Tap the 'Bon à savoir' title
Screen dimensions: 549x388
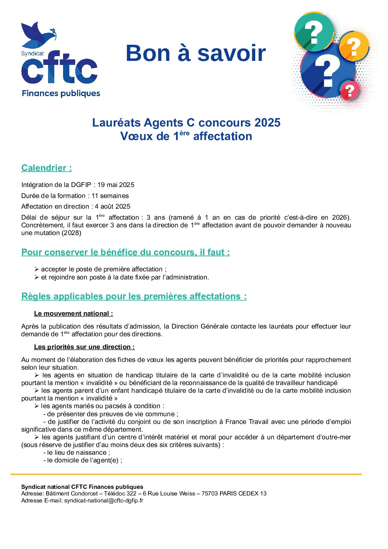(x=195, y=53)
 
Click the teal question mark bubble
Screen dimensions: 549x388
(x=314, y=32)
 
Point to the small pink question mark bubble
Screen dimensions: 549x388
(x=349, y=91)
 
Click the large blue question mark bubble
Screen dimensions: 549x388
(x=327, y=72)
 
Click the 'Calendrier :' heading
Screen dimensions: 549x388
(x=47, y=168)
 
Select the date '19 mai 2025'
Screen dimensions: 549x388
(x=116, y=185)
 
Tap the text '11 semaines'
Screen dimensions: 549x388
(x=110, y=196)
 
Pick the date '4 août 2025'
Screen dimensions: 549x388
(x=113, y=206)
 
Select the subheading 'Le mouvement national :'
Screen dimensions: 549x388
(x=73, y=314)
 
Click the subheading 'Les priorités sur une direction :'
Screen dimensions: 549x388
(x=84, y=347)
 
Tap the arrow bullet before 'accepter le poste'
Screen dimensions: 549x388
(x=37, y=269)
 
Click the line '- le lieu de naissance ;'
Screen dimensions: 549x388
(x=77, y=453)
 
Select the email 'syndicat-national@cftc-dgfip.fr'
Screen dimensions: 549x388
(x=104, y=501)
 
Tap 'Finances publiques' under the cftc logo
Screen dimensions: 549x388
(x=61, y=94)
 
